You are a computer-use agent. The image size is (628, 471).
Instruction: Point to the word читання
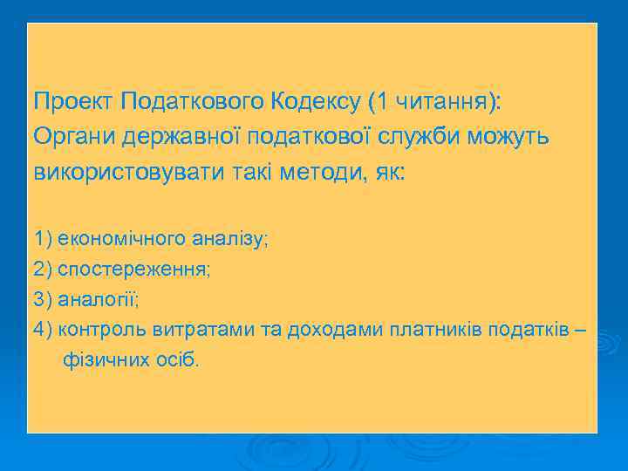click(x=440, y=102)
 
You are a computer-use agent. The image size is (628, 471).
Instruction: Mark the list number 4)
click(x=43, y=330)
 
